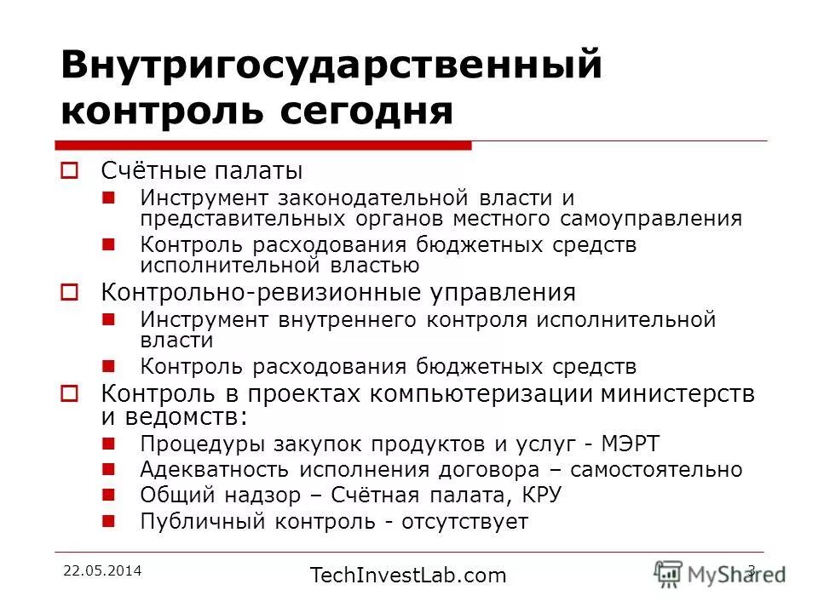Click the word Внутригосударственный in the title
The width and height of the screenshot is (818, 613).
tap(331, 66)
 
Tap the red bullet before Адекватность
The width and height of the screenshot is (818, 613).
tap(108, 469)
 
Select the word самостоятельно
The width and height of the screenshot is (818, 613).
tap(656, 470)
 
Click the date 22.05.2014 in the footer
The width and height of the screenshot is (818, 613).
tap(102, 570)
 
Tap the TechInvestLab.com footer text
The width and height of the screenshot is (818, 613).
tap(408, 576)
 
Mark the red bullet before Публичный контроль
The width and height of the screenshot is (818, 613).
tap(108, 520)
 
